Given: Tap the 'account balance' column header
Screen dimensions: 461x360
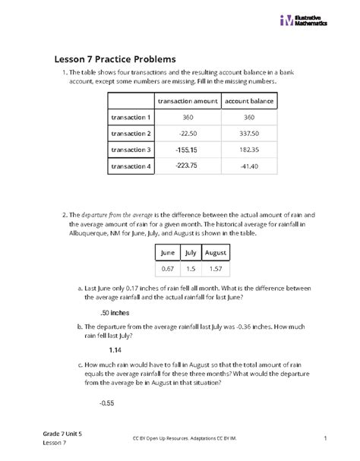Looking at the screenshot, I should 249,102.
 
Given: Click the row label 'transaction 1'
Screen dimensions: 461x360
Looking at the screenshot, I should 131,118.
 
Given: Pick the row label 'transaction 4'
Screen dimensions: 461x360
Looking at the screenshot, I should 131,166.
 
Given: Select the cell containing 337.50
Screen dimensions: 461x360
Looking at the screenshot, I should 249,134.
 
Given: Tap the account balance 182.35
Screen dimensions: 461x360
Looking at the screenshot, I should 249,150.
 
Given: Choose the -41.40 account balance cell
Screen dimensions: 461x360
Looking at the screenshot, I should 249,166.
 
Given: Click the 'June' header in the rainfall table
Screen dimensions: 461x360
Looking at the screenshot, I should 168,254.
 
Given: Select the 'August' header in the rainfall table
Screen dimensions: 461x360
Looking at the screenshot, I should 216,254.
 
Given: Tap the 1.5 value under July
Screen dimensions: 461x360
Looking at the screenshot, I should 191,270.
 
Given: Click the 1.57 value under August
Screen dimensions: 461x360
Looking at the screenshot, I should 216,270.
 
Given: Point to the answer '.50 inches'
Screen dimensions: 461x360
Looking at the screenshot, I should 115,312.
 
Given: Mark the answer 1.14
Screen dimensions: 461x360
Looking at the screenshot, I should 115,349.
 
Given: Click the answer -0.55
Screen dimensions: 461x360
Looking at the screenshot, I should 106,403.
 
